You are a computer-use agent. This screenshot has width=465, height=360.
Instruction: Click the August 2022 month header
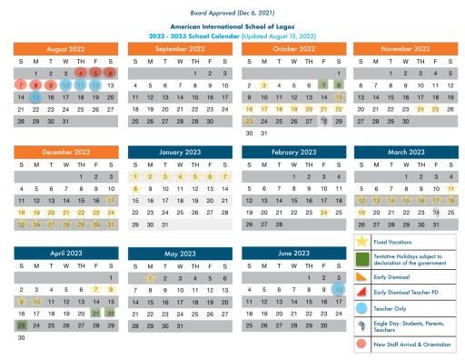point(65,48)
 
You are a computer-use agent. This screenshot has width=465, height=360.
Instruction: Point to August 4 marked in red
point(81,73)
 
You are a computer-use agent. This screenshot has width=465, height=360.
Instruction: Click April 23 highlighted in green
point(21,325)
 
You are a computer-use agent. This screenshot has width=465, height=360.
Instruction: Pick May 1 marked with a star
point(151,278)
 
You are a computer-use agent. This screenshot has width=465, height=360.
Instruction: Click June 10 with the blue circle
point(339,289)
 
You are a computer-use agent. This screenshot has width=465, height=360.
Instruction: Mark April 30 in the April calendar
point(21,336)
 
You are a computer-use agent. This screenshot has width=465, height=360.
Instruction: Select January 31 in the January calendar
point(165,223)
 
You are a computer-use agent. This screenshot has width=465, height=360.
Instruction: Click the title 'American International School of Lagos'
point(232,28)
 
